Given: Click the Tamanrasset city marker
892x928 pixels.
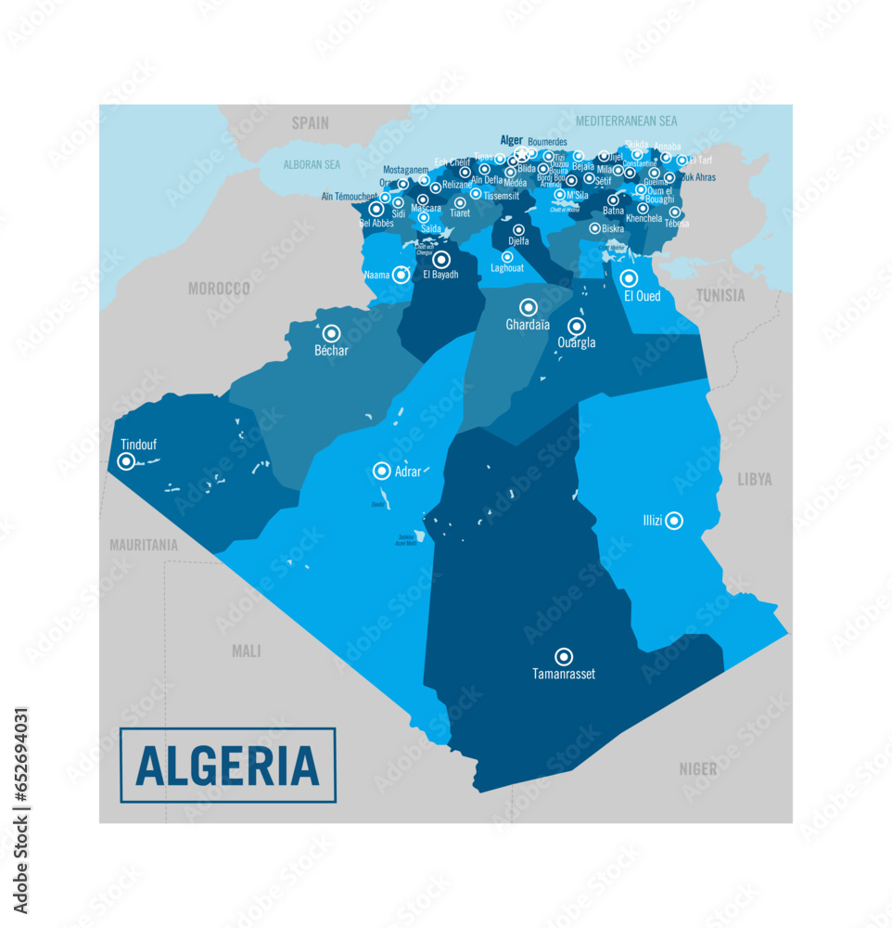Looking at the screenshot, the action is [x=563, y=655].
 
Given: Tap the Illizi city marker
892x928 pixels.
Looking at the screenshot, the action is [x=674, y=521].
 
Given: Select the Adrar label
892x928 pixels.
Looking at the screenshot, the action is [x=408, y=471].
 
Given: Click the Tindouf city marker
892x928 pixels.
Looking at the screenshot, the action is [x=126, y=461].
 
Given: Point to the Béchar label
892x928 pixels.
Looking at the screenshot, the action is [x=331, y=351].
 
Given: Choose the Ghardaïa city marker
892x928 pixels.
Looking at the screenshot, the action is [x=528, y=307].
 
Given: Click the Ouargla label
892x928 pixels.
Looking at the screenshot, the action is [x=577, y=342].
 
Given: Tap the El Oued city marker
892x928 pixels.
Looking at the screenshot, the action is [x=629, y=278].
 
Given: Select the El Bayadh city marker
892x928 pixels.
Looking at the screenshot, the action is [x=441, y=260].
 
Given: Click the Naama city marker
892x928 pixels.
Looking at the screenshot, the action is [x=401, y=274].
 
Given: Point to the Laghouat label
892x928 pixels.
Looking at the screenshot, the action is [x=507, y=269].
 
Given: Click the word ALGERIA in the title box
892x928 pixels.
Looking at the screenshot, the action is [x=227, y=766].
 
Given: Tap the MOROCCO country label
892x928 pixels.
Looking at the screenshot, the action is [x=219, y=289].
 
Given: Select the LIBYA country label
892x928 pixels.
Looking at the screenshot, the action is [x=754, y=480].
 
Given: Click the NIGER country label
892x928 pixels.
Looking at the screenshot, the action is [x=697, y=768].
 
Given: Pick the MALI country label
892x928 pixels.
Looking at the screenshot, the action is [x=246, y=651].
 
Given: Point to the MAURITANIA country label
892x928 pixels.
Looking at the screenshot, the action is [x=143, y=546].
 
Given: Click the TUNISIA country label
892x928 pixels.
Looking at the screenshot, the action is [x=720, y=296].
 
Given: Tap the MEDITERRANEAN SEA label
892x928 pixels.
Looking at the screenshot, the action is [x=626, y=121].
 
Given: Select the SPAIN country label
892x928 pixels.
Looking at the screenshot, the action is [x=311, y=122].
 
